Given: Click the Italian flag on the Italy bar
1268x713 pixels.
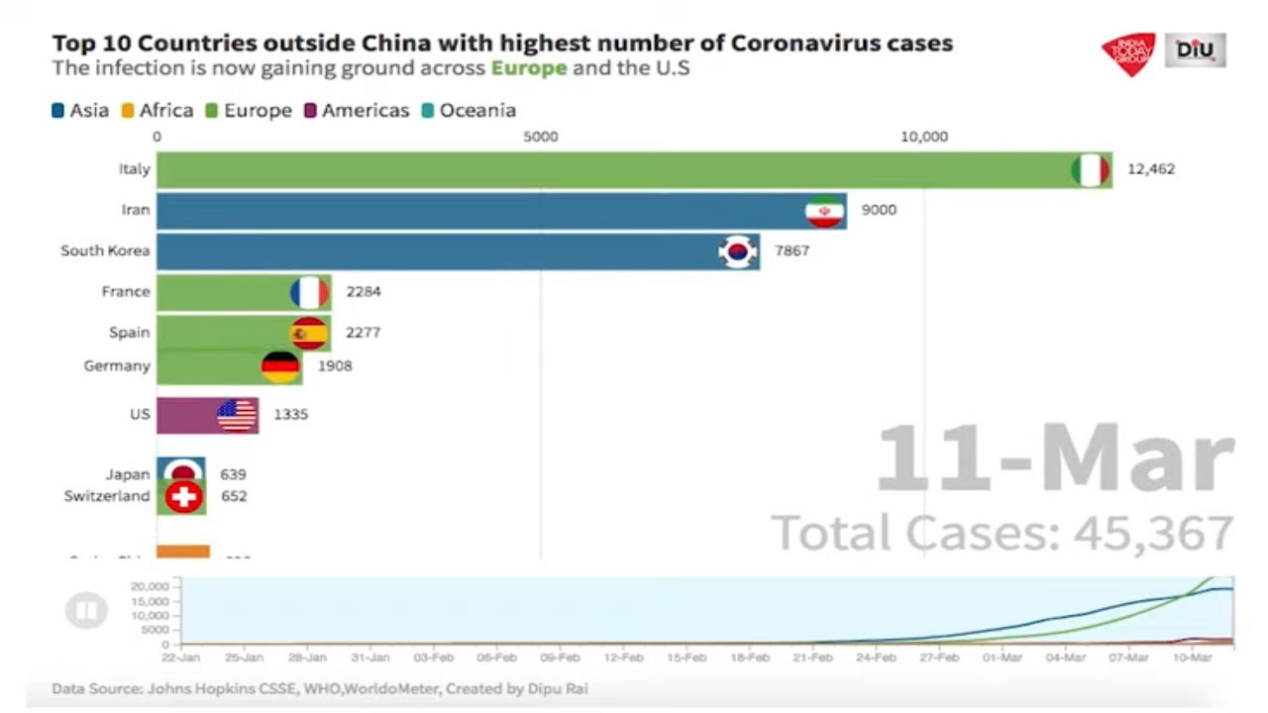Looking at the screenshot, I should click(x=1090, y=170).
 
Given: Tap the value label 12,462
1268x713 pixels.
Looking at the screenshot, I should click(x=1151, y=169).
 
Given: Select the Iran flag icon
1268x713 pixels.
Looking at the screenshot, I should click(x=824, y=211).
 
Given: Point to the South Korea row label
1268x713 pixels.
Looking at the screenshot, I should click(x=105, y=251).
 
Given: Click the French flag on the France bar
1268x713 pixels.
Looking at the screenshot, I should click(x=309, y=292).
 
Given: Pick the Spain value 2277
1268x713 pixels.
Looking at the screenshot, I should click(x=363, y=333).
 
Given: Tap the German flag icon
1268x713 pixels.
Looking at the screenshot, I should click(x=280, y=366).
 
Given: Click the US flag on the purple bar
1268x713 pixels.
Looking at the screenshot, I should click(x=237, y=415).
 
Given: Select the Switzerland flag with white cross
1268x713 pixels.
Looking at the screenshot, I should click(x=184, y=497).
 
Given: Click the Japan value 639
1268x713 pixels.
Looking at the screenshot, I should click(x=234, y=474).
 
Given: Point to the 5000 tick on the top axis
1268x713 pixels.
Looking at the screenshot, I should click(x=541, y=138).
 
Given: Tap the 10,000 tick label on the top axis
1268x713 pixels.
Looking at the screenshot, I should click(x=923, y=138).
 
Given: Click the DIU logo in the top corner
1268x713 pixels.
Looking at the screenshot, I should click(x=1196, y=50).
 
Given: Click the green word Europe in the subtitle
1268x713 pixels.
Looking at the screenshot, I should click(x=529, y=68).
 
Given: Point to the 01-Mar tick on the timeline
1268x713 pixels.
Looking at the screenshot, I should click(x=1003, y=657).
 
